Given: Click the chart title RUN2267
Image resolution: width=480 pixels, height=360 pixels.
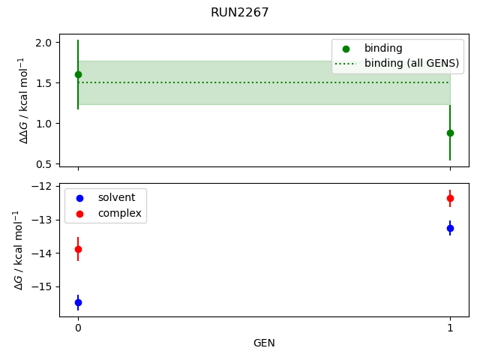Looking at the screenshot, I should pyautogui.click(x=239, y=12).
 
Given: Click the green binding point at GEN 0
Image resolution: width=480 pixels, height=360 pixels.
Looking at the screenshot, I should pyautogui.click(x=78, y=74).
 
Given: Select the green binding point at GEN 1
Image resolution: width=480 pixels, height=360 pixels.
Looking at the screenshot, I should pyautogui.click(x=450, y=133).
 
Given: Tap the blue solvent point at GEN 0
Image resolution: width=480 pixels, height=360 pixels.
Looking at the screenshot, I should pyautogui.click(x=78, y=302).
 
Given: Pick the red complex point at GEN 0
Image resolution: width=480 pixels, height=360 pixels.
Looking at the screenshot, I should pyautogui.click(x=78, y=249).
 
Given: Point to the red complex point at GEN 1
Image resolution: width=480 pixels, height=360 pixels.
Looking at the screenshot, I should pyautogui.click(x=450, y=198).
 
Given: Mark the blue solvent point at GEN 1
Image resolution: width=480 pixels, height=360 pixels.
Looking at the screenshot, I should pyautogui.click(x=450, y=228).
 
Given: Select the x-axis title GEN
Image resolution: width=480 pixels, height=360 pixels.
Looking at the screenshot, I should pyautogui.click(x=264, y=343).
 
